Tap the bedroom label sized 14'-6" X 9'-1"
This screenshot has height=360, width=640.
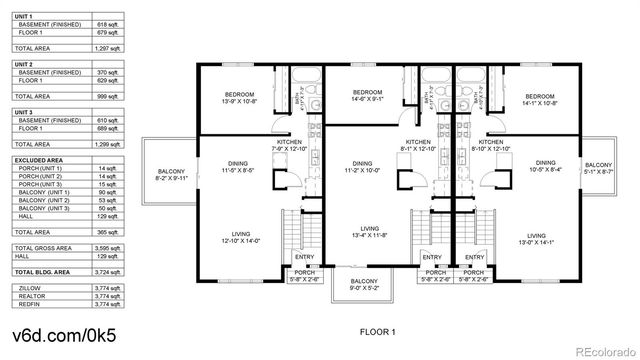click(362, 96)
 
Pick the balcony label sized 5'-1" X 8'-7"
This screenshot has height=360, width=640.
click(598, 168)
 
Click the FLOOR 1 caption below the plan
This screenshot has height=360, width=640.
click(379, 330)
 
